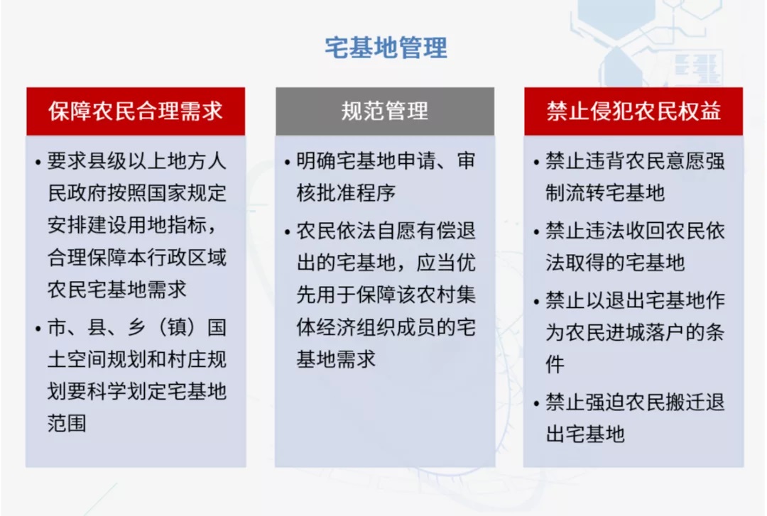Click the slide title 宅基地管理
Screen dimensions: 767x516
click(386, 48)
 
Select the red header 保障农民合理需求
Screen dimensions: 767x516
click(136, 111)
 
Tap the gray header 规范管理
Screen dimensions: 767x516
click(385, 111)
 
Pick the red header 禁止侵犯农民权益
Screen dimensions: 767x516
click(633, 111)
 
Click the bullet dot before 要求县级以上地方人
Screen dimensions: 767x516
click(38, 162)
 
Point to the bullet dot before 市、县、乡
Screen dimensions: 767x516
click(38, 329)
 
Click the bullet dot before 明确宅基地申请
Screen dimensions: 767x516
click(287, 162)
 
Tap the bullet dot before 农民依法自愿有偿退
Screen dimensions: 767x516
click(287, 232)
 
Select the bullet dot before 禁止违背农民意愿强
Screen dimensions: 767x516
click(537, 162)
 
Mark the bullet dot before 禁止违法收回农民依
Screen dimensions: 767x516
click(537, 232)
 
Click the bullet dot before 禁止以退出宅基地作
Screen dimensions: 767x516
click(537, 301)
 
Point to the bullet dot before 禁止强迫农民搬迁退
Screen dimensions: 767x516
click(537, 404)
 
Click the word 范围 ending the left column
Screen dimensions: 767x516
click(67, 423)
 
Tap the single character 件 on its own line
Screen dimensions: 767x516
click(555, 364)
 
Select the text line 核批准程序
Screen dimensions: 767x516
click(346, 193)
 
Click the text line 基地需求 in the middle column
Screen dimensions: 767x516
click(336, 359)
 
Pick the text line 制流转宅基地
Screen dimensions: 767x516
click(605, 193)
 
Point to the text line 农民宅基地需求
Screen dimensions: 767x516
click(117, 290)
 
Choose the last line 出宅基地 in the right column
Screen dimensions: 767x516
click(585, 434)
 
